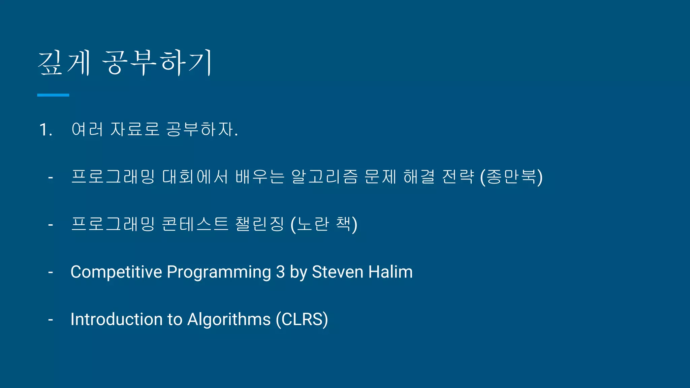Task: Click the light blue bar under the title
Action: tap(53, 95)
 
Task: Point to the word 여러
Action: tap(87, 129)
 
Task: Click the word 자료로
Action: tap(135, 129)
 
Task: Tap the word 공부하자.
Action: tap(202, 129)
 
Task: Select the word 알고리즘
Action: tap(324, 177)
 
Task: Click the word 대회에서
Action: tap(195, 177)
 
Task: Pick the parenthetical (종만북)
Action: tap(511, 177)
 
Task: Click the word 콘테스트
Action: tap(195, 224)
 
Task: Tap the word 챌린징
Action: tap(259, 224)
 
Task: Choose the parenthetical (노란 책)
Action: tap(324, 224)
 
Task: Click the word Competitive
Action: tap(116, 272)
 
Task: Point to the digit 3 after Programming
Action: tap(280, 272)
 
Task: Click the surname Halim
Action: tap(390, 272)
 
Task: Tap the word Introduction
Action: tap(117, 319)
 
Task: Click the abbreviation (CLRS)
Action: tap(302, 319)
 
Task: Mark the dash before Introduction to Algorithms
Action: tap(51, 319)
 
